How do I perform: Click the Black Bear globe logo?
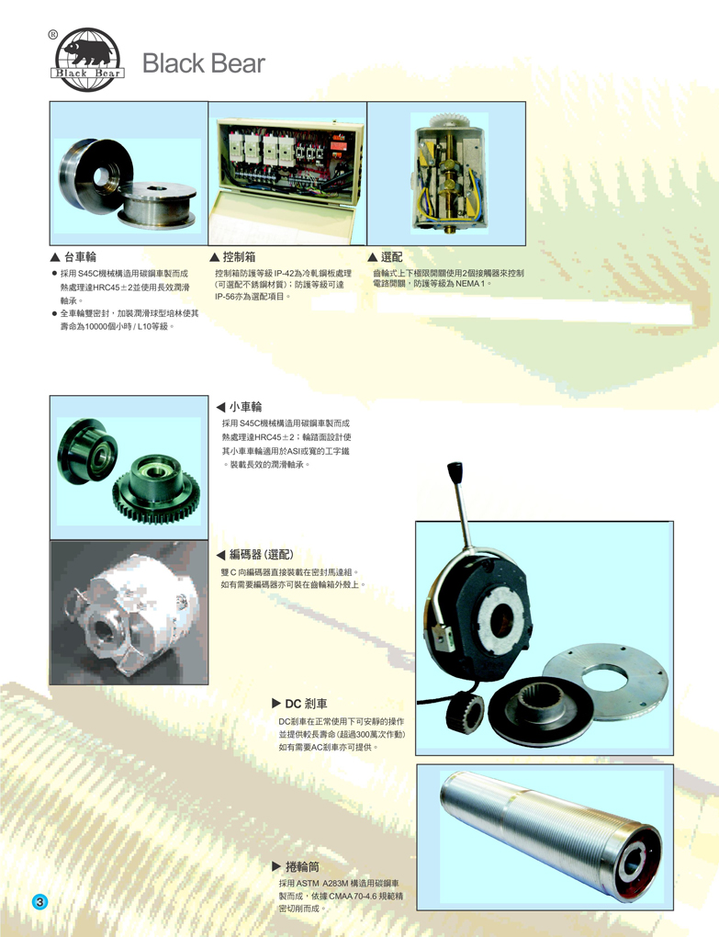tap(88, 60)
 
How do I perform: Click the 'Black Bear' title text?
tap(204, 63)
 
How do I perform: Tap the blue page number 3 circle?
tap(39, 901)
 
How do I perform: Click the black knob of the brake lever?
tap(455, 470)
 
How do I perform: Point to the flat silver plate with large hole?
tap(604, 682)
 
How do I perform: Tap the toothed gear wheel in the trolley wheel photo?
tap(156, 489)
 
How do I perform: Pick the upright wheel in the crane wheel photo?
tap(95, 177)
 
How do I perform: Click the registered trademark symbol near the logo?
tap(53, 35)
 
